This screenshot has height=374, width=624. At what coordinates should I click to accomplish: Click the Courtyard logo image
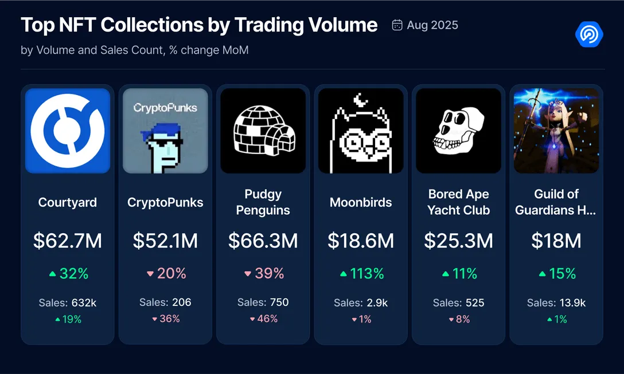coord(68,131)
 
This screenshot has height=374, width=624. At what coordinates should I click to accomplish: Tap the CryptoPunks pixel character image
coord(165,131)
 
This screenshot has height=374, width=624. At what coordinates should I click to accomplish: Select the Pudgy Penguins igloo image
coord(263,131)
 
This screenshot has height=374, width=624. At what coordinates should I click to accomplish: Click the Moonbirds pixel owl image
coord(361,131)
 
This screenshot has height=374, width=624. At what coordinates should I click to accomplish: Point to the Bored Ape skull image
coord(458,131)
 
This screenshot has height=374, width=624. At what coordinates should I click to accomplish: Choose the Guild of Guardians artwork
coord(556,131)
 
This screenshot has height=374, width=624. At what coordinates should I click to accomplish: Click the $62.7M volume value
coord(68,241)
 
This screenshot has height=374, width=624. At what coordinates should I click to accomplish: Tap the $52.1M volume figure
coord(165,241)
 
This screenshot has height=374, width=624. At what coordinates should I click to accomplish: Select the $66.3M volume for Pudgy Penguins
coord(263,241)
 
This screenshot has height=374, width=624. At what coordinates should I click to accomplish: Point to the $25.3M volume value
coord(458,241)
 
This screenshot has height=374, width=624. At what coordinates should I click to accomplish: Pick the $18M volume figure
coord(556,241)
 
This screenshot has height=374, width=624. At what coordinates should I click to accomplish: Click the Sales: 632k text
coord(68,302)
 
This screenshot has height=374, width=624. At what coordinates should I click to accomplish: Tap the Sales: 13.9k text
coord(556,302)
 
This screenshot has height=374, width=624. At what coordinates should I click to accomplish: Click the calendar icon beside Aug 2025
coord(397,25)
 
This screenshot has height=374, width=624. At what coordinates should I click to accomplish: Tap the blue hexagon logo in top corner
coord(589,34)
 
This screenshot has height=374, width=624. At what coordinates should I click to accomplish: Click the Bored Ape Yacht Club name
coord(458,202)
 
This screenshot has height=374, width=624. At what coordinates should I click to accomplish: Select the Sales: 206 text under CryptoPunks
coord(165,302)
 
